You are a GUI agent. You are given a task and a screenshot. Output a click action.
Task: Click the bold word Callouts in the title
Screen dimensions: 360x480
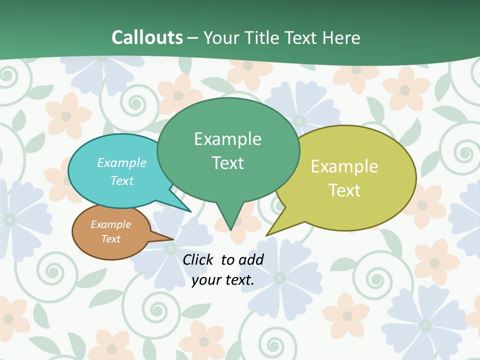pos(147,37)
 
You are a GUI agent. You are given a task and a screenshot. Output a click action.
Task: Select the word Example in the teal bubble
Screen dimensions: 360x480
pos(122,162)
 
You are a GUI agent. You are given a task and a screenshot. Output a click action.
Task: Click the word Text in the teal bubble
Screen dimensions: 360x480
pos(122,180)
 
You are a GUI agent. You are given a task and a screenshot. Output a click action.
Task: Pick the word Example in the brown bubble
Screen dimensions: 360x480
pos(111,224)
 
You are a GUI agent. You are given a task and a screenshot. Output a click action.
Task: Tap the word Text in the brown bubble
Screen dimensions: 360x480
pos(111,239)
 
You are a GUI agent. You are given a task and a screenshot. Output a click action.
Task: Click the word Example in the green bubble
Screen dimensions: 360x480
pos(228,139)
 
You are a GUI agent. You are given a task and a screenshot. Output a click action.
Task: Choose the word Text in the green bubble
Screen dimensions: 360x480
pos(228,163)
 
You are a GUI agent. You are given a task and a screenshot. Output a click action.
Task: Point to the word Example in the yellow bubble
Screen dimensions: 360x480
pos(344,166)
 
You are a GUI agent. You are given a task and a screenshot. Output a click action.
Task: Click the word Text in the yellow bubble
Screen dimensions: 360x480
pos(344,190)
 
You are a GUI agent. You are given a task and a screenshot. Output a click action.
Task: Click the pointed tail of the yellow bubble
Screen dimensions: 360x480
pos(272,231)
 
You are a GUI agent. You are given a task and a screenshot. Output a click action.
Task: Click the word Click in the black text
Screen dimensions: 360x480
pos(198,259)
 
